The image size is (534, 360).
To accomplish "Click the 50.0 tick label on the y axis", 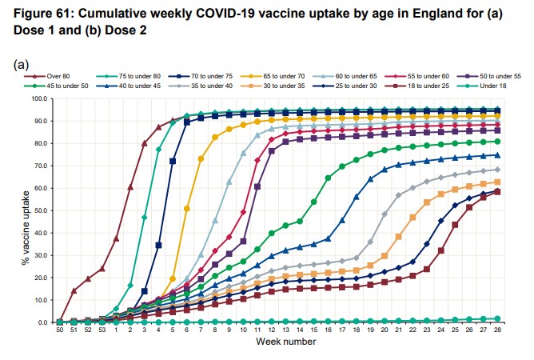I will [x=41, y=210].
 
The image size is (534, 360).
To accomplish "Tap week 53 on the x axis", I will [x=102, y=330].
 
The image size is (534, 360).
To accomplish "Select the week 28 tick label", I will [x=497, y=330].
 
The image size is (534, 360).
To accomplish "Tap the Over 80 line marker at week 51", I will [x=74, y=291].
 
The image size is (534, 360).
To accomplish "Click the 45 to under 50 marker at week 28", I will [x=497, y=142].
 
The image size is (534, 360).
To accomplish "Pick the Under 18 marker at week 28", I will [x=497, y=318].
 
